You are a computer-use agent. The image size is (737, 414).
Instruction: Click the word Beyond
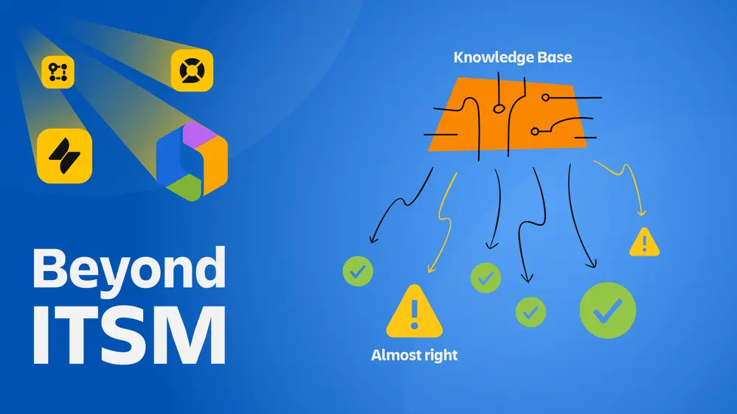coord(129,270)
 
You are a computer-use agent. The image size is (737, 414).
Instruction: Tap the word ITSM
coord(129,335)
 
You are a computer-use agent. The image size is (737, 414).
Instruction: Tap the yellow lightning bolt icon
coord(64,156)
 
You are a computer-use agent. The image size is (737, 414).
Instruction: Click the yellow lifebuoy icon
coord(192,71)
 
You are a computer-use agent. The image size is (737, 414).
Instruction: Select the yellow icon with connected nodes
coord(58,72)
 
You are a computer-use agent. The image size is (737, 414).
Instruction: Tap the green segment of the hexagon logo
coord(185,188)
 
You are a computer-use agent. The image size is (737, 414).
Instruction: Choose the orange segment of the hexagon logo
coord(214,164)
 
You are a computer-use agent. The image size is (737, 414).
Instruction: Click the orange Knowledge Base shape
coord(508,115)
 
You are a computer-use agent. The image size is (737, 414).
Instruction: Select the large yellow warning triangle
coord(414,311)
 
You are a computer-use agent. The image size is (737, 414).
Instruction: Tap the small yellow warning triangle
coord(644,242)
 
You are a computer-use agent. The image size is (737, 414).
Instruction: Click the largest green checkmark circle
coord(608,310)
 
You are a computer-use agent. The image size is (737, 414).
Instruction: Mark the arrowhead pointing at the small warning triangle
coord(642,213)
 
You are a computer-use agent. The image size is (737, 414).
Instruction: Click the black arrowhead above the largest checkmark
coord(592,264)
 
